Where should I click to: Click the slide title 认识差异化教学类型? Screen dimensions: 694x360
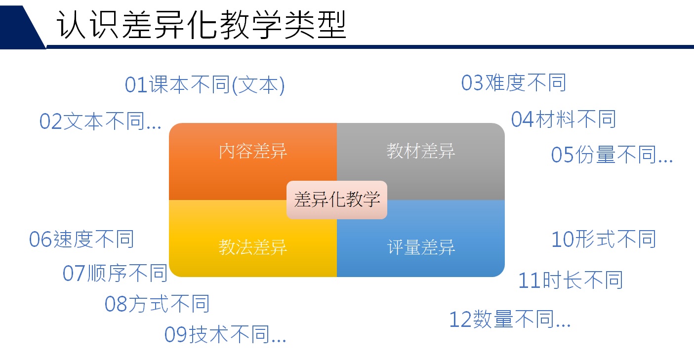(201, 25)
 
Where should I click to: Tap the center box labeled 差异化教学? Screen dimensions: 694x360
(337, 200)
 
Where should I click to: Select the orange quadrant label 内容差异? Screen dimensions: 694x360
(253, 151)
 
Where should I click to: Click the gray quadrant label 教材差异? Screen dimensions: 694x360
(421, 151)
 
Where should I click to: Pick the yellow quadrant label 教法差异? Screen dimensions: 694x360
(253, 247)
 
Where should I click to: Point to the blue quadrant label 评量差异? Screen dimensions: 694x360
(421, 247)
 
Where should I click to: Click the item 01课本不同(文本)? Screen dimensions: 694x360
(204, 85)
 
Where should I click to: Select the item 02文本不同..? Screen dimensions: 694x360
(100, 121)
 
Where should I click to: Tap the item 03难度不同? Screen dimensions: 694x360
(514, 83)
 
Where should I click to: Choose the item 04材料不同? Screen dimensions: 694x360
(563, 120)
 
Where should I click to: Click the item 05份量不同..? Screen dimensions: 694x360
(612, 155)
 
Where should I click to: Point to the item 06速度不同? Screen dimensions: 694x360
(82, 239)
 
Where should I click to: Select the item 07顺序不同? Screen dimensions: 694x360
(115, 273)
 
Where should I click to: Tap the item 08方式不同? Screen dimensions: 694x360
(157, 304)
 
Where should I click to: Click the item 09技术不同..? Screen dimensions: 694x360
(225, 335)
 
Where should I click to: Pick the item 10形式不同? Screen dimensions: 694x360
(604, 239)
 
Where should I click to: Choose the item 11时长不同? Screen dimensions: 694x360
(571, 280)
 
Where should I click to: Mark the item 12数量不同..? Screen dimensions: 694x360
(510, 319)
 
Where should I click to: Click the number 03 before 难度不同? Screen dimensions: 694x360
(473, 83)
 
